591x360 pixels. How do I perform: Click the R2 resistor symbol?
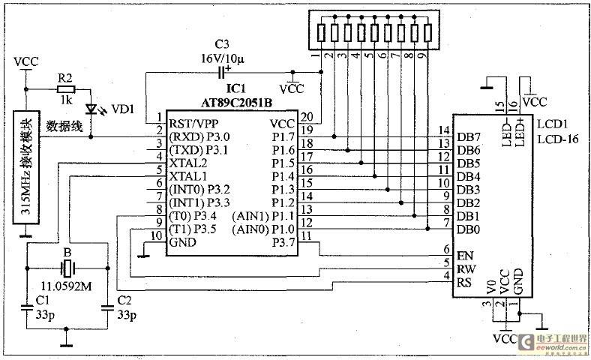66,90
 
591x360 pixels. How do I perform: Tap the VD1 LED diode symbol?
91,109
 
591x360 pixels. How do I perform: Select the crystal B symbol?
67,268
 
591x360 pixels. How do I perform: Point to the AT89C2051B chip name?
236,103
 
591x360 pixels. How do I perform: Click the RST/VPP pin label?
193,124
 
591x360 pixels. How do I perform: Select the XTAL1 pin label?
188,176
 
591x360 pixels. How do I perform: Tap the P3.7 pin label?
283,242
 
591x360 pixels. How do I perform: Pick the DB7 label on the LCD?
469,137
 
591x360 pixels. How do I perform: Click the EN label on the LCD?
465,256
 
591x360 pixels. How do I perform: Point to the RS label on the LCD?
464,282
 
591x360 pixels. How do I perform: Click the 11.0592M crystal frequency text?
66,286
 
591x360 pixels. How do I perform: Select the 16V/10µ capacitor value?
223,58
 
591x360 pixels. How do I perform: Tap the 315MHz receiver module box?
26,167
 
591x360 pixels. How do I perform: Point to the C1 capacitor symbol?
27,307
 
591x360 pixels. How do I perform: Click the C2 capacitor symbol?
107,307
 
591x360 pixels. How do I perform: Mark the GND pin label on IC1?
183,242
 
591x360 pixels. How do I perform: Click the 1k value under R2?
65,100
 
